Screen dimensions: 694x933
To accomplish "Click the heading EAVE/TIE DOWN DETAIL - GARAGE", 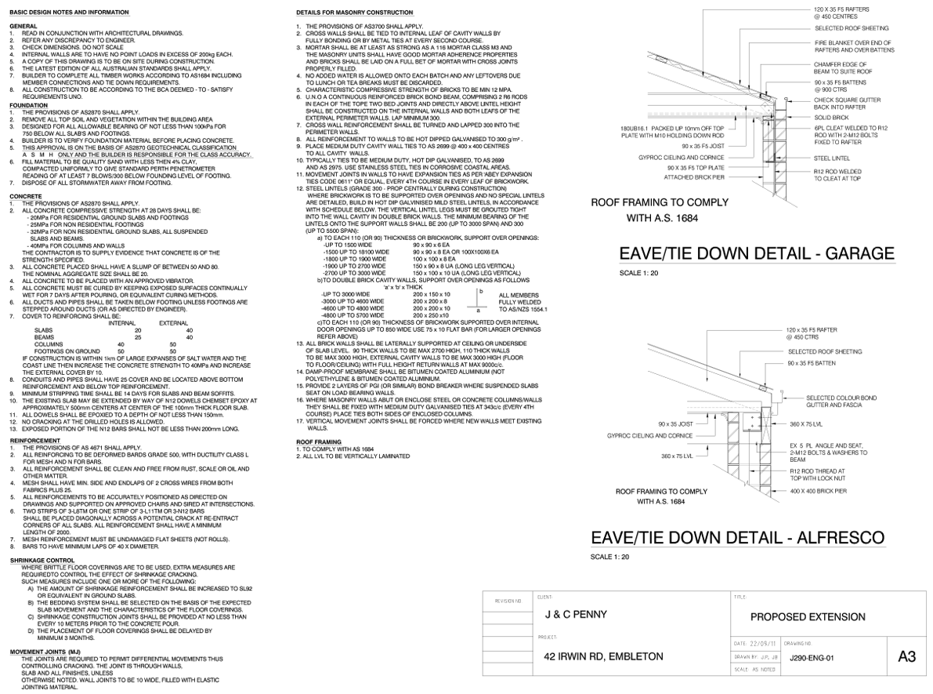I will click(x=755, y=253).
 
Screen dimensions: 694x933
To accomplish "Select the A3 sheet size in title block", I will click(x=906, y=656).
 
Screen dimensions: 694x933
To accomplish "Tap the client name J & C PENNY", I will click(x=576, y=615).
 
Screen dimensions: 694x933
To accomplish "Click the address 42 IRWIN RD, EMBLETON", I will click(x=603, y=656).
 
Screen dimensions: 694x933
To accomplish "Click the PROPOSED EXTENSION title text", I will click(x=808, y=617).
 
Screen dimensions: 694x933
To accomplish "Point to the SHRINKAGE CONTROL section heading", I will click(x=42, y=561).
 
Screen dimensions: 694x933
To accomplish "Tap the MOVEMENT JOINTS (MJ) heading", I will click(x=45, y=652).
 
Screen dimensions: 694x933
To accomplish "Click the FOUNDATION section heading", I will click(x=29, y=105).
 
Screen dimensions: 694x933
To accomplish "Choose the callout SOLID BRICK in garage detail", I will click(x=831, y=117).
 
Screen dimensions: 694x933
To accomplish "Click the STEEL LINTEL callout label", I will click(x=831, y=158).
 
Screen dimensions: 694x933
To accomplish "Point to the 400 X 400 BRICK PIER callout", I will click(x=818, y=491).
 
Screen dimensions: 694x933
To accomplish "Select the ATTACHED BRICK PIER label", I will click(x=694, y=177).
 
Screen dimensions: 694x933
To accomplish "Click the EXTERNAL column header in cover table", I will click(x=173, y=323).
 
